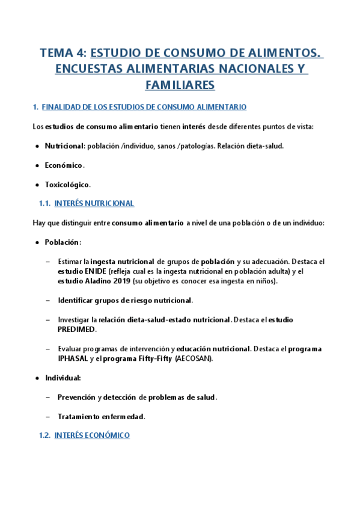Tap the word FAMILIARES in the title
(180, 85)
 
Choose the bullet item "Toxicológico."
(67, 185)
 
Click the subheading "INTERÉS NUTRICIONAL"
(94, 204)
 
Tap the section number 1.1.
(44, 204)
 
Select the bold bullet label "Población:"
(63, 242)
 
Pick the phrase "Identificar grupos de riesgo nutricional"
(125, 300)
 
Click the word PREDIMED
(77, 329)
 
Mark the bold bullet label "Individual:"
(63, 378)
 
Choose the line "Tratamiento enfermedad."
(102, 416)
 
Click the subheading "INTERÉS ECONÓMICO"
(92, 435)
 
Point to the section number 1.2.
(44, 435)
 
